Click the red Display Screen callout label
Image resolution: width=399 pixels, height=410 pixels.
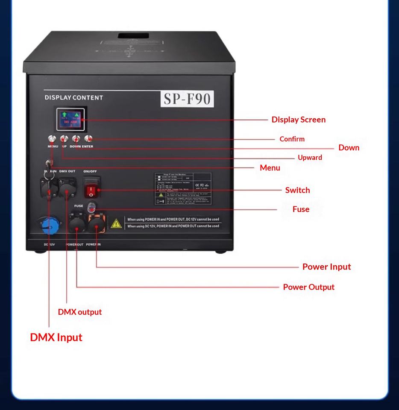[298, 120]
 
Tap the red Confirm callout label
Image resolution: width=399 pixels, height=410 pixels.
[292, 139]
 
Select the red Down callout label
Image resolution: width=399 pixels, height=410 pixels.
[349, 148]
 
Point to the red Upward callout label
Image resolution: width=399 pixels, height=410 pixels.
[310, 158]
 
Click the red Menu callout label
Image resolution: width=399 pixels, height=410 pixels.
[270, 168]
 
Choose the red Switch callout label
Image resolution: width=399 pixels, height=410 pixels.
[297, 190]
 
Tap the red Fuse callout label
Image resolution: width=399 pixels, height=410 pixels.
[301, 209]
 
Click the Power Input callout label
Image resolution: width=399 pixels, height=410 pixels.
[326, 267]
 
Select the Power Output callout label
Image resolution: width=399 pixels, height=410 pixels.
[308, 287]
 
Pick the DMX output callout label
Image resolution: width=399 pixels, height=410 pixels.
[80, 312]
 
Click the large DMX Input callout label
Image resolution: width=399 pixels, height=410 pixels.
[56, 337]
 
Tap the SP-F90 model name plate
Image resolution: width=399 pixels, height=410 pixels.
[187, 99]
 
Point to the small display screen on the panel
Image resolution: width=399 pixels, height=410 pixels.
[70, 119]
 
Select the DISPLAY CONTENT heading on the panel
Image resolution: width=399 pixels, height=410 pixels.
[74, 98]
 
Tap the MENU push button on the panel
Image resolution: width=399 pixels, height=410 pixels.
[53, 139]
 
